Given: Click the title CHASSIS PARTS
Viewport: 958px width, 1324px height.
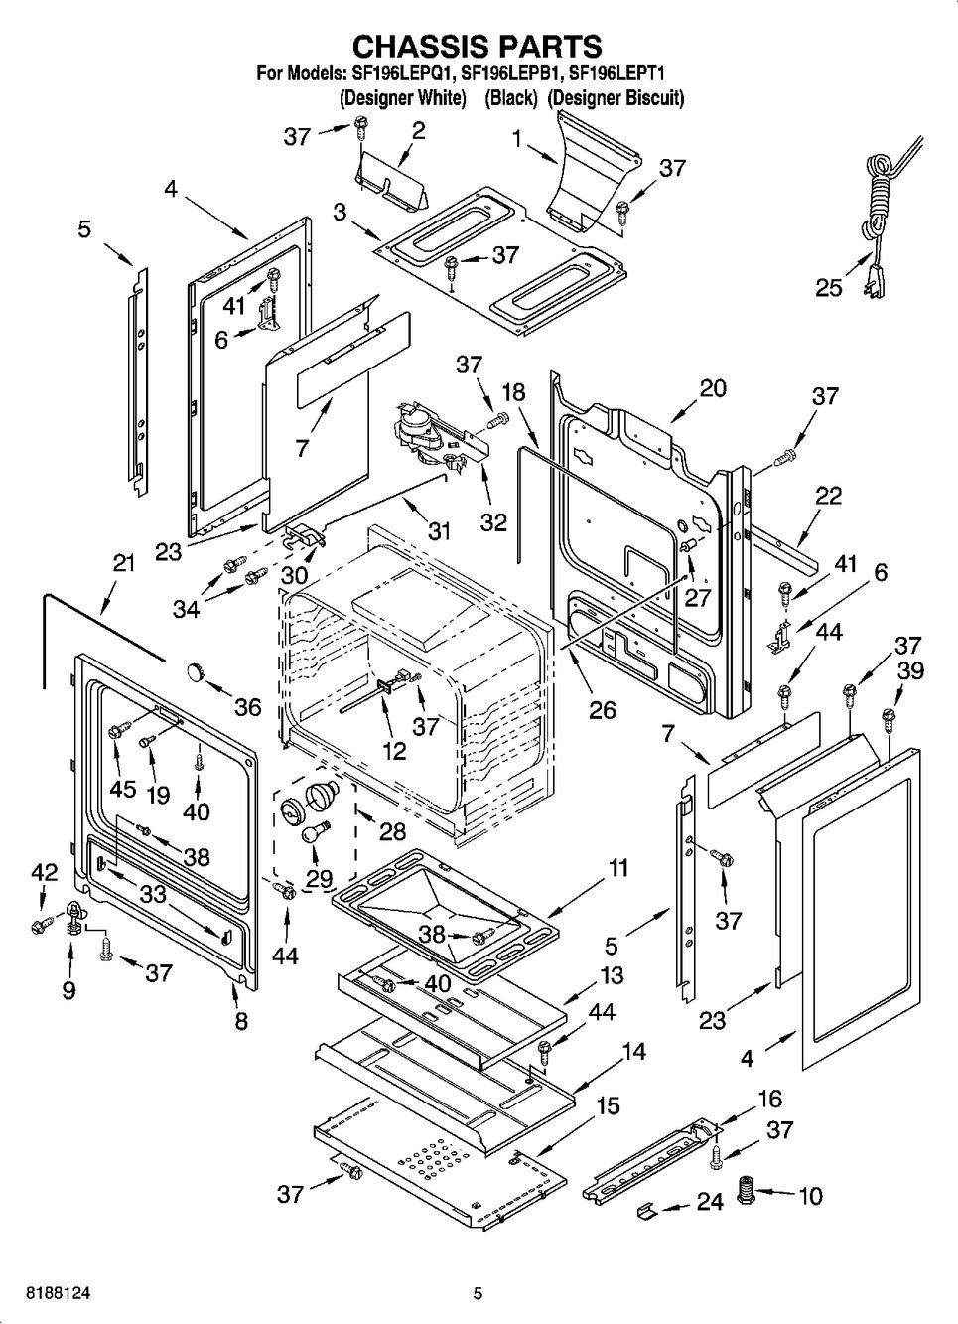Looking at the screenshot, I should (478, 46).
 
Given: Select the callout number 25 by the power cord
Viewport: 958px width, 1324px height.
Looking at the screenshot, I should (829, 287).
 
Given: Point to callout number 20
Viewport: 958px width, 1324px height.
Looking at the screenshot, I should (713, 388).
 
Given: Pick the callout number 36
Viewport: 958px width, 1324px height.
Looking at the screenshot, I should (247, 706).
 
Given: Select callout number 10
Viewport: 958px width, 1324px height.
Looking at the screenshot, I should (810, 1196).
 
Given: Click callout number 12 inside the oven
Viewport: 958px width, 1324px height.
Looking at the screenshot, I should (395, 750).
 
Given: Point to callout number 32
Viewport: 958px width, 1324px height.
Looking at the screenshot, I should (493, 521).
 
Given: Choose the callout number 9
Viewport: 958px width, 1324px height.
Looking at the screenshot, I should (68, 990).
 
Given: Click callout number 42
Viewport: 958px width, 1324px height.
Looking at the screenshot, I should (44, 871).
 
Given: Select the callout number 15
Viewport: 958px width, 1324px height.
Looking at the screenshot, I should (608, 1104).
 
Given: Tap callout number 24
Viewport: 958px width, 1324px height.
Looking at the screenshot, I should (709, 1202).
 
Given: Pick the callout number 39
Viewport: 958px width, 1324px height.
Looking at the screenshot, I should (909, 670).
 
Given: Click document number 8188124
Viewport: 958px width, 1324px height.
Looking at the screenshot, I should (49, 1293).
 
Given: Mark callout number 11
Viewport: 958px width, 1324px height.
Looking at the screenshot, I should (617, 868).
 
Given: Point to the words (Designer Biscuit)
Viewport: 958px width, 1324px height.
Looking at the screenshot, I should (616, 98).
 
